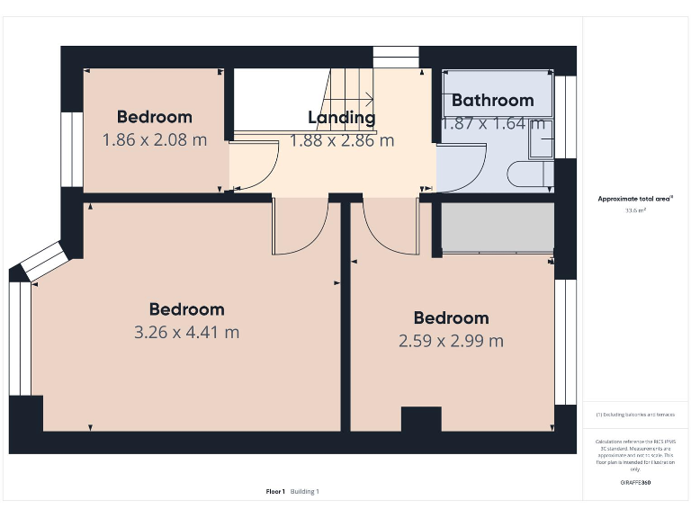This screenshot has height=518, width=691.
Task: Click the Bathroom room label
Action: coord(492,101)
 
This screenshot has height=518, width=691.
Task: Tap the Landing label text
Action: coord(341,118)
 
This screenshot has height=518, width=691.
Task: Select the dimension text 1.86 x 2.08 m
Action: coord(154,139)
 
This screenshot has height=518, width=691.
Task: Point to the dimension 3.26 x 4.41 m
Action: coord(186,332)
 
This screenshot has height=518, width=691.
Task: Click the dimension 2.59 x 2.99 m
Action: coord(451,341)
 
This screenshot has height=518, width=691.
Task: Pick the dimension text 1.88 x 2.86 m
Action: coord(341,140)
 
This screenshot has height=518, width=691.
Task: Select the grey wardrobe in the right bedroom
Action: coord(497,228)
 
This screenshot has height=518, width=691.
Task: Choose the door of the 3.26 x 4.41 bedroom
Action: coord(299,229)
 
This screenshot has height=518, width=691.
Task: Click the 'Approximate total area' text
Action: coord(635,199)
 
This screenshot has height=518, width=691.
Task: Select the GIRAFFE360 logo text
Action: coord(635,483)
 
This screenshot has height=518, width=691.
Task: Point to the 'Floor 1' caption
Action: coord(275,491)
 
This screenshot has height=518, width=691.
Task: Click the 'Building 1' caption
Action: coord(304,491)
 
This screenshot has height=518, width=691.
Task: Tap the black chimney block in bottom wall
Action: coord(420,420)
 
